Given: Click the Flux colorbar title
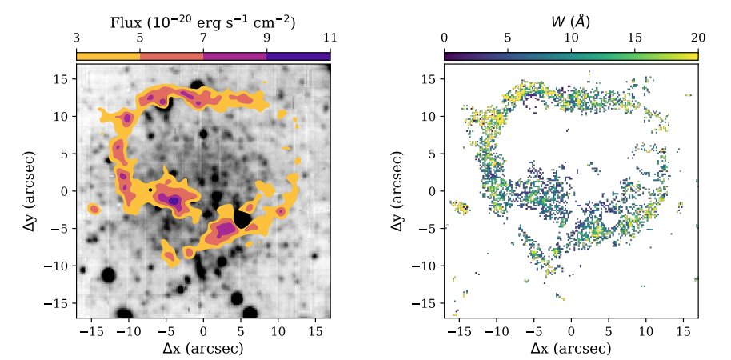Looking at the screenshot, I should (x=202, y=23).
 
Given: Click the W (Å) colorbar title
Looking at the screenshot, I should (x=570, y=22).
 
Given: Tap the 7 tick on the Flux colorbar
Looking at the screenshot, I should (x=203, y=38).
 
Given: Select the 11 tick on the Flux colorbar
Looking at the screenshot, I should (x=330, y=38).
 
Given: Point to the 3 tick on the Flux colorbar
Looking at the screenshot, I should (x=77, y=38).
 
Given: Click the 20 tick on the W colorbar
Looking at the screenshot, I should (x=697, y=38).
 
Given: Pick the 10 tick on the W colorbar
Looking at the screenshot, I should (x=571, y=38).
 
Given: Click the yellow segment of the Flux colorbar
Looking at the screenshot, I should (x=108, y=56).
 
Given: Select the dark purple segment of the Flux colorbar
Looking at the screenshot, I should (x=298, y=56).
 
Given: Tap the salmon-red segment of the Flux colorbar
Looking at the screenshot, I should (x=171, y=56).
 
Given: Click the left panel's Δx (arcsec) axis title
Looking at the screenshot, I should (x=202, y=348).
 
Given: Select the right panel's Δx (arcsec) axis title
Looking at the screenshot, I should (x=570, y=348).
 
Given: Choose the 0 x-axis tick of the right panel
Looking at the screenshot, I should (x=571, y=330).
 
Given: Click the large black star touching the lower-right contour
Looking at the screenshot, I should (x=242, y=219).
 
